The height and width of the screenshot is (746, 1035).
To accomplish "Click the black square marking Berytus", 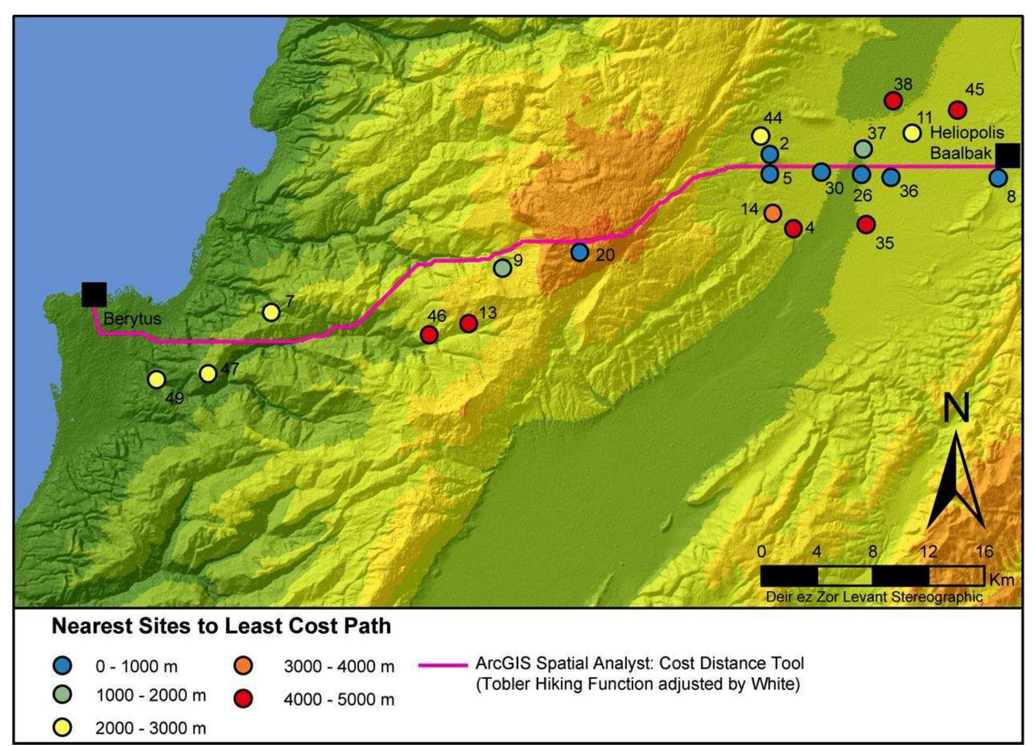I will [94, 294].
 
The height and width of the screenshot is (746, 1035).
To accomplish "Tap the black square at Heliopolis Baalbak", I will [1007, 156].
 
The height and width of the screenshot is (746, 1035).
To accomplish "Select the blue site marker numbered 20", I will [579, 253].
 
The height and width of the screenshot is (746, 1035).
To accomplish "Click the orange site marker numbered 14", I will [773, 213].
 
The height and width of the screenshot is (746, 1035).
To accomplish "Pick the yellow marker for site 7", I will [271, 312].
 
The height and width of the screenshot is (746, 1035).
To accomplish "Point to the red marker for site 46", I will [429, 335].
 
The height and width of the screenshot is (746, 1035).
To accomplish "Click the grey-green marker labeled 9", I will [502, 268].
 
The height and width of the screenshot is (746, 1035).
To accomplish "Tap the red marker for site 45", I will [957, 110].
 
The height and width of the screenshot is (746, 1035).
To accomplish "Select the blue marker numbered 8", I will [998, 178].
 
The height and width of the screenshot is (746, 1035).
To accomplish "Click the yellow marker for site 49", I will [156, 379].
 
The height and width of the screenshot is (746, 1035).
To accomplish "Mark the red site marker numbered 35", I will [866, 224].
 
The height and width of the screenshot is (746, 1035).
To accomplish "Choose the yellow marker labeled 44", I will [760, 136].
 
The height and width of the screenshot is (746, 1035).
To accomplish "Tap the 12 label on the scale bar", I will [928, 552].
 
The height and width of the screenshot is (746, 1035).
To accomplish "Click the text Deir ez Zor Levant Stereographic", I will [874, 596].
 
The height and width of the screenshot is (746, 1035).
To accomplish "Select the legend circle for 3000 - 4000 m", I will [243, 666].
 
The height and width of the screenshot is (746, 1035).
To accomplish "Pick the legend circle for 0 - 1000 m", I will [62, 666].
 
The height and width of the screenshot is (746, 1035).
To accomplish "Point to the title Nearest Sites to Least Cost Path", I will [221, 626].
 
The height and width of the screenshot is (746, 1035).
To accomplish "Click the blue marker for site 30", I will [821, 172].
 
